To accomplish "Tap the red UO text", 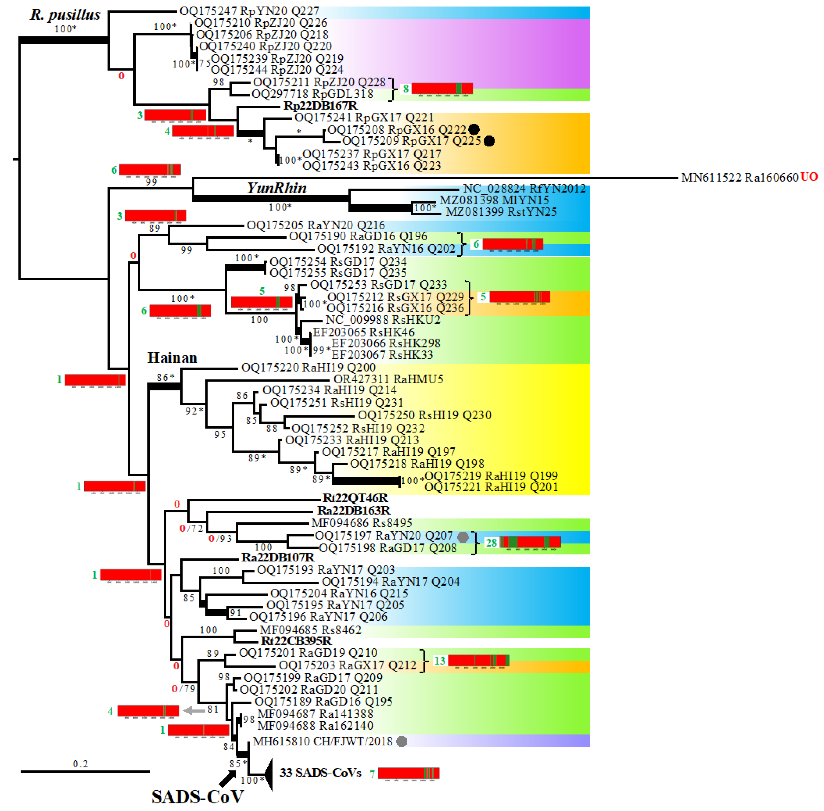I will pyautogui.click(x=809, y=177).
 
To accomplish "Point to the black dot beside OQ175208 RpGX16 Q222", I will pyautogui.click(x=474, y=130).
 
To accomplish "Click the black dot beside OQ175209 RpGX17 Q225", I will pyautogui.click(x=489, y=141).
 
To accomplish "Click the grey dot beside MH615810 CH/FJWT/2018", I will pyautogui.click(x=401, y=742).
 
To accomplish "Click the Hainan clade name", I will pyautogui.click(x=172, y=358).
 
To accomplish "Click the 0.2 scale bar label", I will pyautogui.click(x=80, y=764).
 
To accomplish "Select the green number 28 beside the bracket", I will pyautogui.click(x=491, y=543).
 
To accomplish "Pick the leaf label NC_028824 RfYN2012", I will pyautogui.click(x=524, y=189).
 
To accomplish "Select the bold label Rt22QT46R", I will pyautogui.click(x=355, y=498).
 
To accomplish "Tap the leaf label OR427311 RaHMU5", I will pyautogui.click(x=388, y=379).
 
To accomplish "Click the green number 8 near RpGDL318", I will pyautogui.click(x=405, y=88).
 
